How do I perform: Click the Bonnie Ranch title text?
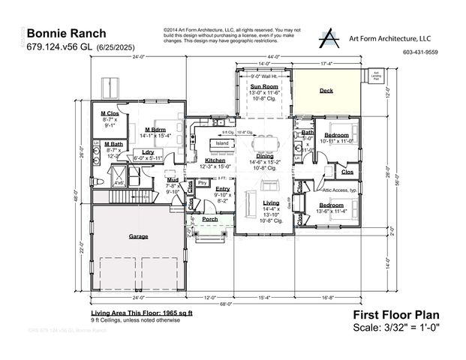pyautogui.click(x=66, y=34)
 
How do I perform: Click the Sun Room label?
pyautogui.click(x=263, y=87)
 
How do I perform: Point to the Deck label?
pyautogui.click(x=326, y=90)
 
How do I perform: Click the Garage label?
pyautogui.click(x=138, y=235)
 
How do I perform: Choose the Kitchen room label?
pyautogui.click(x=215, y=160)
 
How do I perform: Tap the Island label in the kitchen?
pyautogui.click(x=222, y=142)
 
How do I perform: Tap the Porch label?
pyautogui.click(x=209, y=219)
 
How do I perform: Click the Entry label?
pyautogui.click(x=222, y=189)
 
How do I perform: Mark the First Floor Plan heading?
pyautogui.click(x=395, y=316)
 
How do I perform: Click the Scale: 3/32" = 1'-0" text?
pyautogui.click(x=396, y=328)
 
